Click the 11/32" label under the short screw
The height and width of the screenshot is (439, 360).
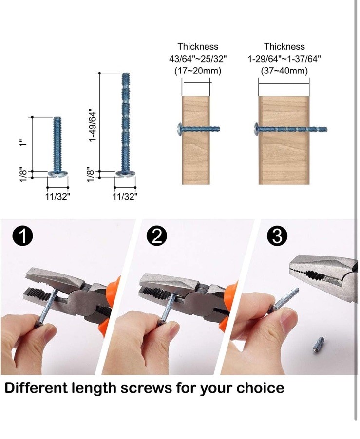57,197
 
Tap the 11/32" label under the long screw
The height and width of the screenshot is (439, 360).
125,197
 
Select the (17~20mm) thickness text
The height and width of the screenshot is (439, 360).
198,71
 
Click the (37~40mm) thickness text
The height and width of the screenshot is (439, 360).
284,71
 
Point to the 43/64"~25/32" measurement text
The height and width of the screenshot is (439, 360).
198,59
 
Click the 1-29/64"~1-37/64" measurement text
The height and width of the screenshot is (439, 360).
284,59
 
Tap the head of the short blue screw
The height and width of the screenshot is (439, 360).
57,174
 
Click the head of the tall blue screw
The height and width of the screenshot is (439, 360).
126,174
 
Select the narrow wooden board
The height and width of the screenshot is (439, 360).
196,141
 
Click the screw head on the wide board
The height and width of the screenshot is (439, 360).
256,129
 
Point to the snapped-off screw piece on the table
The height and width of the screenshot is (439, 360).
318,345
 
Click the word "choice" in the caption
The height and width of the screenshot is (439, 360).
260,388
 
